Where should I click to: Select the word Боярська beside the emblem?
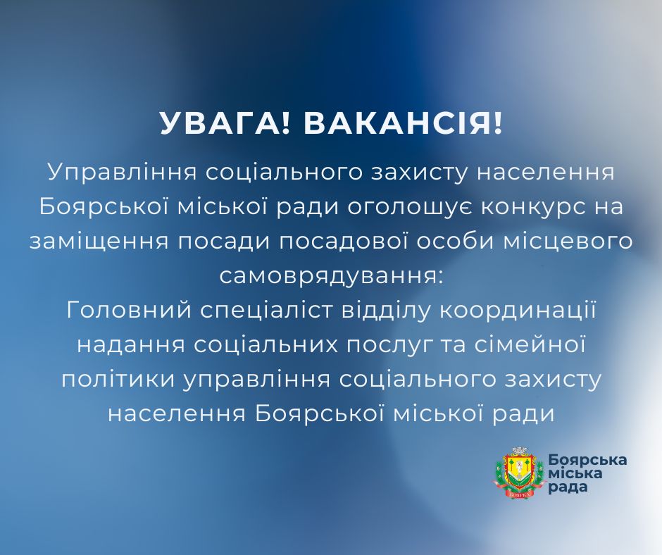(587, 459)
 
